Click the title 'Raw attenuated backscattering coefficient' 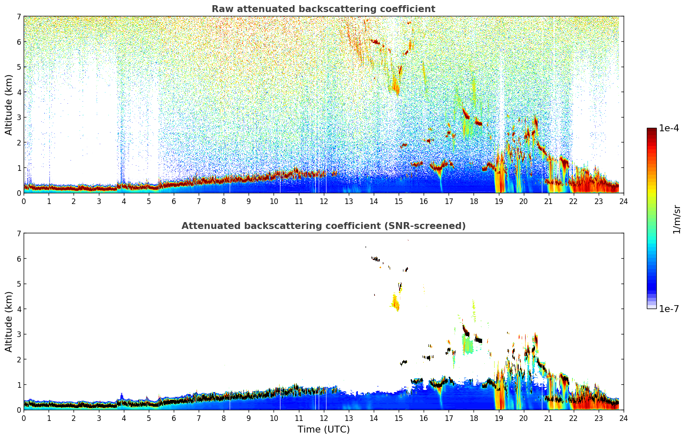click(323, 9)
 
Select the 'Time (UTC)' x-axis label click(323, 430)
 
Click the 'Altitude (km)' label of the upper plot click(9, 105)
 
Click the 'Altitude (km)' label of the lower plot click(9, 322)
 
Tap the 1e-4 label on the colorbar click(669, 128)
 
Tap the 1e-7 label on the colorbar click(669, 309)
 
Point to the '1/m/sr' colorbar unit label click(677, 219)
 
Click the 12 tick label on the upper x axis click(323, 201)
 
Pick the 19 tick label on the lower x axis click(498, 418)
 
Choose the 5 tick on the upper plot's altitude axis click(19, 67)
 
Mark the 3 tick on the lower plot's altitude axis click(19, 334)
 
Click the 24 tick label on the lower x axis click(623, 418)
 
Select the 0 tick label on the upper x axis click(24, 201)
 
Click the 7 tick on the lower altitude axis click(19, 233)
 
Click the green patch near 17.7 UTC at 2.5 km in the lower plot click(468, 345)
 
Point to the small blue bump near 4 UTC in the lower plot click(121, 396)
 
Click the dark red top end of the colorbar click(651, 130)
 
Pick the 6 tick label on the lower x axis click(174, 418)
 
